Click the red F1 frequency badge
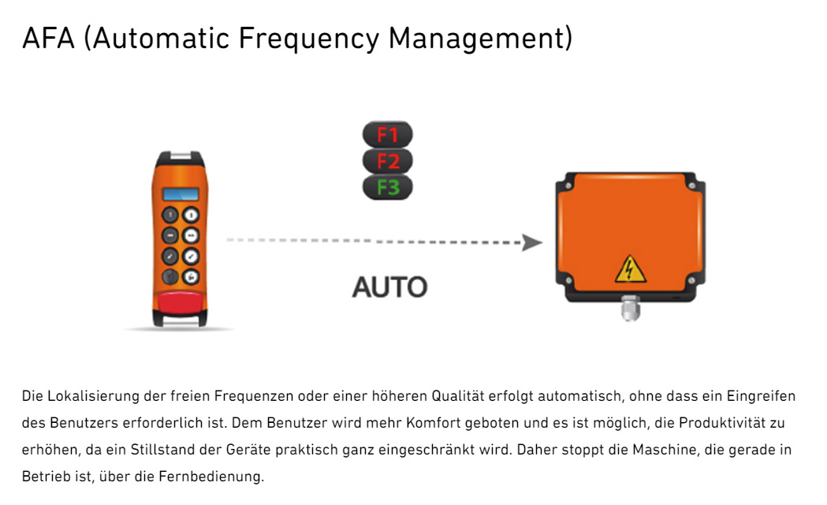(387, 134)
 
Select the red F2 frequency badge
(387, 161)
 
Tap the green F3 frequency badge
(387, 188)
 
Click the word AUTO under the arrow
(389, 286)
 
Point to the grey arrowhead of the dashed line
(532, 242)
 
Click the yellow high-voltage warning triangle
(630, 269)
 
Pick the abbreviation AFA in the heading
(50, 38)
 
